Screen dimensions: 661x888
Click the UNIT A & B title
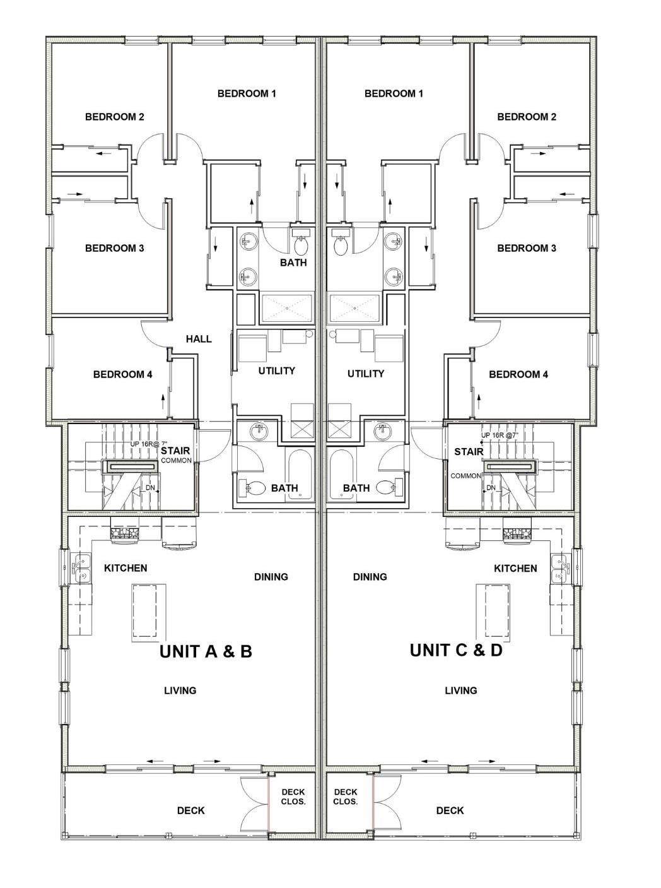click(x=206, y=651)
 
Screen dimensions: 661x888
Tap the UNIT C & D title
click(x=456, y=650)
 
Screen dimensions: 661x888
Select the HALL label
click(x=199, y=339)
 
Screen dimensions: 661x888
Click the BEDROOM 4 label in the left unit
click(x=123, y=374)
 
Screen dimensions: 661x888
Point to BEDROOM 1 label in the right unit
click(x=394, y=93)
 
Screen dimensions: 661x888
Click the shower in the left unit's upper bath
click(x=286, y=308)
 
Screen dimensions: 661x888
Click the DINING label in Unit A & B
click(x=271, y=576)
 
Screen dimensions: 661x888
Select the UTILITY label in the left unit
click(x=276, y=370)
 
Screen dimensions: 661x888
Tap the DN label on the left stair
click(x=150, y=488)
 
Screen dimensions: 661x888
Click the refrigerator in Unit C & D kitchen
click(x=462, y=534)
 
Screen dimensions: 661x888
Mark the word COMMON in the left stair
click(x=177, y=461)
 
